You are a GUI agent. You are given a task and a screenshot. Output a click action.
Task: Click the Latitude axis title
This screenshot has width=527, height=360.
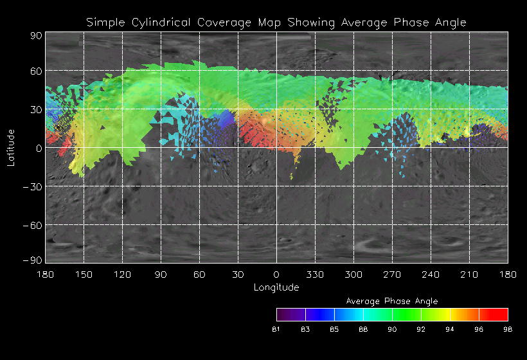pos(11,147)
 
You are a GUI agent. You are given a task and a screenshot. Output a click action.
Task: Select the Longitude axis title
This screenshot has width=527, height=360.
pos(276,287)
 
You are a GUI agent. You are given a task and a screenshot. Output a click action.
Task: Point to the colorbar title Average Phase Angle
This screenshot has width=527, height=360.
pos(392,301)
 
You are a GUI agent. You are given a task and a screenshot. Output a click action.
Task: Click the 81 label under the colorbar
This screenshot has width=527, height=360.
pos(276,329)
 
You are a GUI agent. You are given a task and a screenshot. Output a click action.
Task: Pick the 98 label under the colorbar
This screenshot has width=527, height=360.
pos(508,329)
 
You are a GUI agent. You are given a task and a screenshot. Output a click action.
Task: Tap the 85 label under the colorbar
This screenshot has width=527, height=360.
pos(334,329)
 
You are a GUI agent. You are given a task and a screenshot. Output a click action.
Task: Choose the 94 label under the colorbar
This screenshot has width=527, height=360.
pos(450,329)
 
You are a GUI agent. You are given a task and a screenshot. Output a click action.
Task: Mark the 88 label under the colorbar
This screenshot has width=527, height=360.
pos(363,329)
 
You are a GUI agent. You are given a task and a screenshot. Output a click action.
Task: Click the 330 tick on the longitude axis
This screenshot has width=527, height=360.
pos(315,274)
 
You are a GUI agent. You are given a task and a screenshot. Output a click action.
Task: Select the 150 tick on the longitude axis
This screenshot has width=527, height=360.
pos(84,274)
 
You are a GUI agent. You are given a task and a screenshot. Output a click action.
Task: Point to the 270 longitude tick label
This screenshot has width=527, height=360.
pos(392,274)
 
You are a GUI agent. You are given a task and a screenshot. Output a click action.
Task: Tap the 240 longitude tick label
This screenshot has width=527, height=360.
pos(431,274)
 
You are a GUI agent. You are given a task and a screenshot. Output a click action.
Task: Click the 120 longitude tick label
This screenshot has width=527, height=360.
pos(122,274)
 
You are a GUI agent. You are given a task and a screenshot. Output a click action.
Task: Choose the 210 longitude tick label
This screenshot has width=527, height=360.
pos(469,274)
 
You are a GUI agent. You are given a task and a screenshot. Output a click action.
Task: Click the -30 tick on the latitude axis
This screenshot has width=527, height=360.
pos(35,187)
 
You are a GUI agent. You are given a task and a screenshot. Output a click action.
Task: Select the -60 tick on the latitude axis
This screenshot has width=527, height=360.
pos(35,226)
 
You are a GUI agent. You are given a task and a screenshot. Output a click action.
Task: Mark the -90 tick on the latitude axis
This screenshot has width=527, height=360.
pos(35,260)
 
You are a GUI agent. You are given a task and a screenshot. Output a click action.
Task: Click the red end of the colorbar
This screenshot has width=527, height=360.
pos(501,314)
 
